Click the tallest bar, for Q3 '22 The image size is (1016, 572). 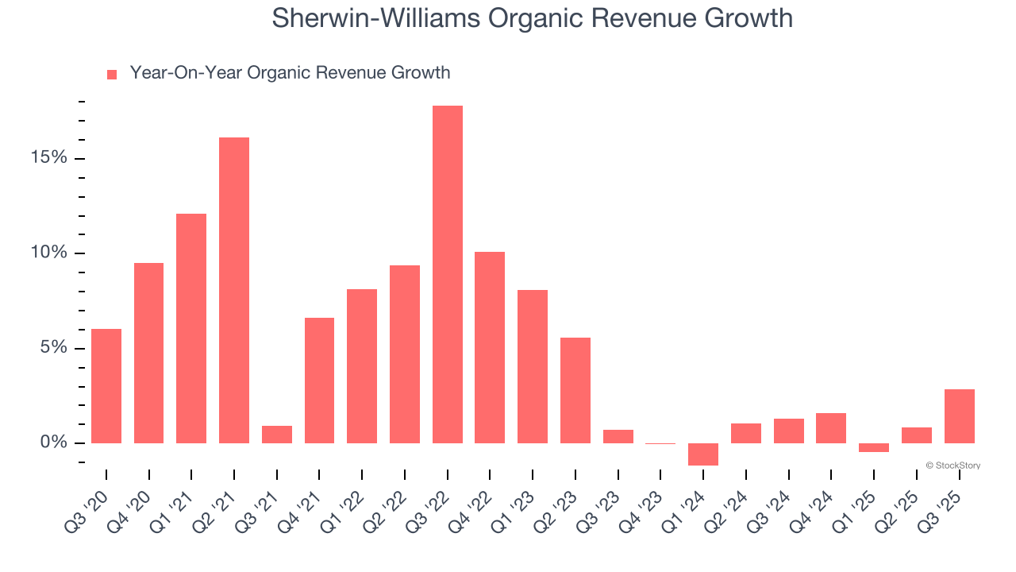tap(447, 274)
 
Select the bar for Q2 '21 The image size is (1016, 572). tap(234, 290)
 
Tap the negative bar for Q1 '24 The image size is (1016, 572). tap(703, 454)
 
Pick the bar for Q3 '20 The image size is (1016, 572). tap(106, 385)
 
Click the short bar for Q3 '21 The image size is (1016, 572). tap(277, 435)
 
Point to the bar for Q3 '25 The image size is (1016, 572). tap(959, 415)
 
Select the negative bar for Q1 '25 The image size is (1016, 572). tap(874, 447)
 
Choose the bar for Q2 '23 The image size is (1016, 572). tap(575, 390)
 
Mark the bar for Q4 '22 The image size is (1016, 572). tap(490, 347)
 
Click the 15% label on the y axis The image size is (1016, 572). tap(49, 158)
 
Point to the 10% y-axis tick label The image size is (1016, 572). tap(49, 253)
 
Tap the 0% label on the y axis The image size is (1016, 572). tap(54, 443)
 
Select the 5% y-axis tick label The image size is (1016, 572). tap(54, 348)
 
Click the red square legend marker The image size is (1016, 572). tap(112, 75)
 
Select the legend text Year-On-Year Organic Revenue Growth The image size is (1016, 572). tap(290, 73)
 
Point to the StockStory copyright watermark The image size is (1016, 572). tap(952, 466)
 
